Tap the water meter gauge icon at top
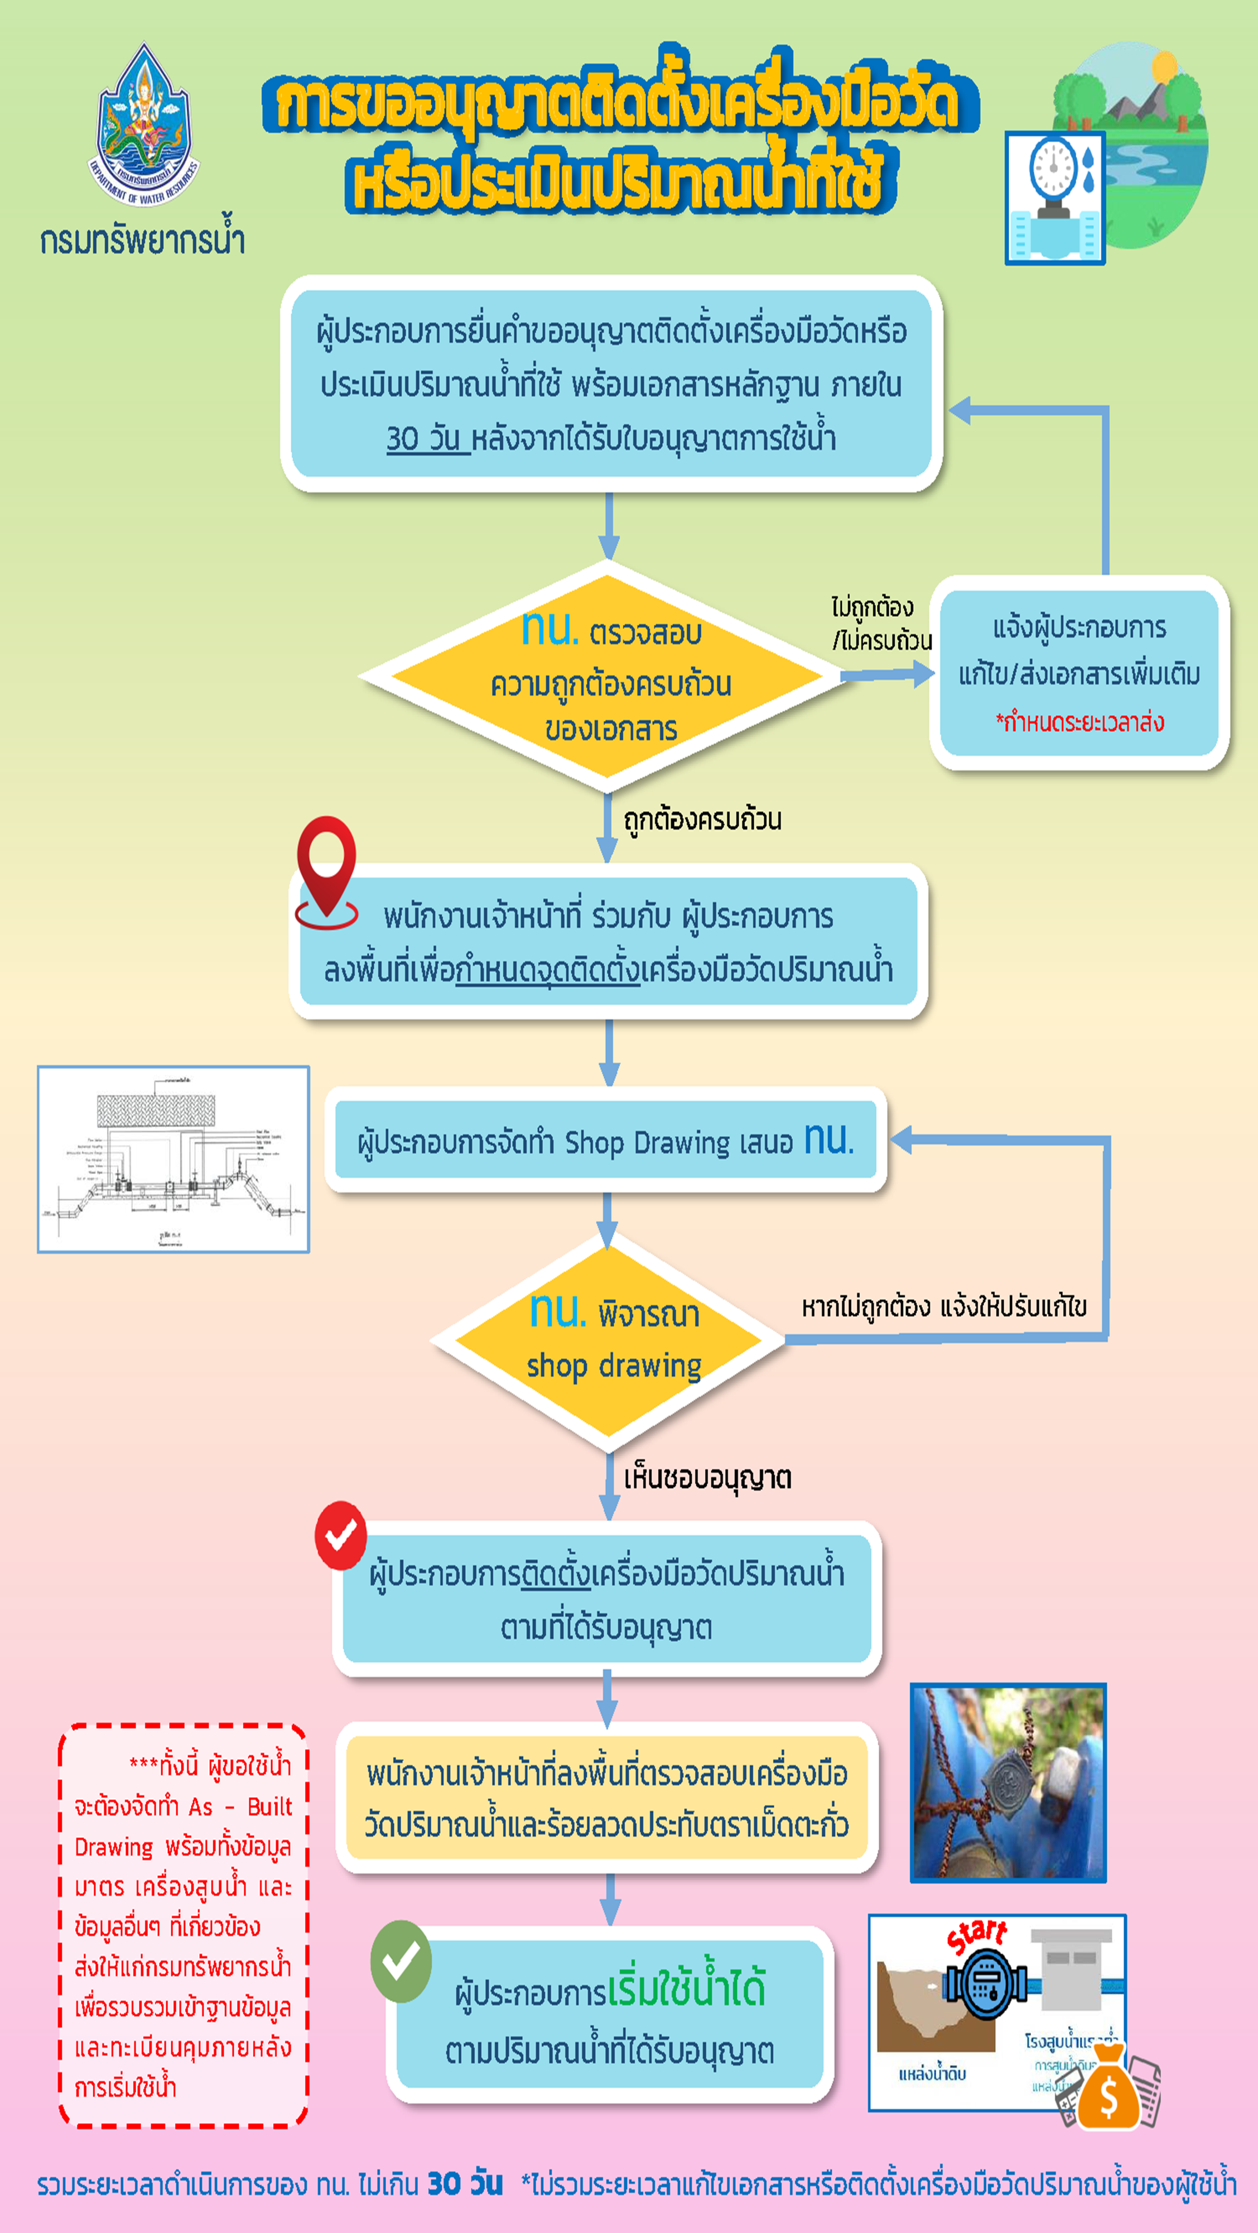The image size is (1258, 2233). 1054,198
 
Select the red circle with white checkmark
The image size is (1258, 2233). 340,1535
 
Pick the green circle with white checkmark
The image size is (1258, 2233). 401,1961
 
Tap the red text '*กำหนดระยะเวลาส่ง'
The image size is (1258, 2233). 1079,722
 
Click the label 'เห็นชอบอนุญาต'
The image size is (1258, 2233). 707,1478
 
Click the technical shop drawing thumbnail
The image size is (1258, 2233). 173,1159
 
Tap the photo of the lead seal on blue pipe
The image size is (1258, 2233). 1008,1783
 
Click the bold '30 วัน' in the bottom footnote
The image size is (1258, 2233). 465,2183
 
